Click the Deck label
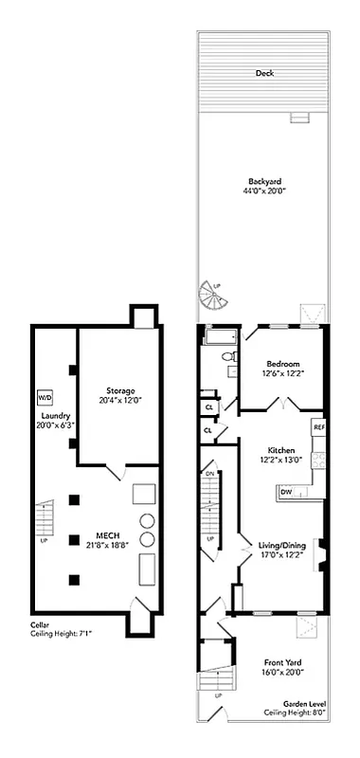tap(264, 73)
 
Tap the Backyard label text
tap(264, 181)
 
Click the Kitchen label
tap(282, 450)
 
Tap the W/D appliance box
tap(44, 397)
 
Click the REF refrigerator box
tap(319, 427)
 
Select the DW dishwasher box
tap(285, 491)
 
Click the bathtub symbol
tap(220, 336)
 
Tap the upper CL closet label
tap(208, 406)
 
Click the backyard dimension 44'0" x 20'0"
tap(264, 191)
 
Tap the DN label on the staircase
tap(209, 474)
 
